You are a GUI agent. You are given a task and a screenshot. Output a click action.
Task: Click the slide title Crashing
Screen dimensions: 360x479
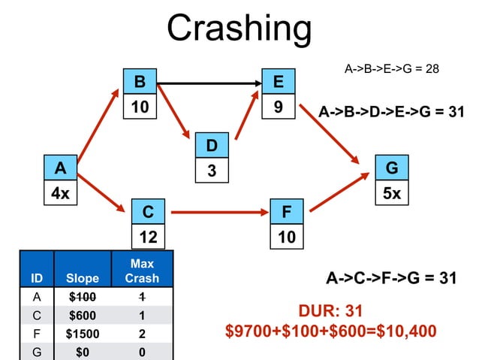pyautogui.click(x=239, y=28)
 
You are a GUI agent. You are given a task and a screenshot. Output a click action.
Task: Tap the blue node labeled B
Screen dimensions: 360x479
pyautogui.click(x=140, y=81)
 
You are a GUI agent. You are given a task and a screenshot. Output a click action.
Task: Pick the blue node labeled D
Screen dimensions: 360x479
pyautogui.click(x=212, y=145)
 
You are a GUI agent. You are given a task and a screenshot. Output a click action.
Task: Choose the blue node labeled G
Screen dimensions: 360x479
pyautogui.click(x=392, y=167)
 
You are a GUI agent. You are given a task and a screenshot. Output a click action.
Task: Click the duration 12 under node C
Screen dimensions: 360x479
pyautogui.click(x=149, y=237)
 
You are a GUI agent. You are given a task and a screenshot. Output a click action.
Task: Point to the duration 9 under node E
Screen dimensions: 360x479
pyautogui.click(x=279, y=107)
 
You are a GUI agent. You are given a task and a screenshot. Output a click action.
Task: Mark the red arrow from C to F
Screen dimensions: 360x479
pyautogui.click(x=221, y=213)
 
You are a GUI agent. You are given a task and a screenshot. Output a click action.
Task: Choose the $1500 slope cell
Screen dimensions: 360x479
pyautogui.click(x=83, y=334)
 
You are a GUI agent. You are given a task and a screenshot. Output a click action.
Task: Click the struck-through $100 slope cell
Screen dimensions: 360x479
pyautogui.click(x=83, y=298)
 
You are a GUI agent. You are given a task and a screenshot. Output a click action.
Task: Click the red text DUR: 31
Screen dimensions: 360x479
pyautogui.click(x=331, y=312)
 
